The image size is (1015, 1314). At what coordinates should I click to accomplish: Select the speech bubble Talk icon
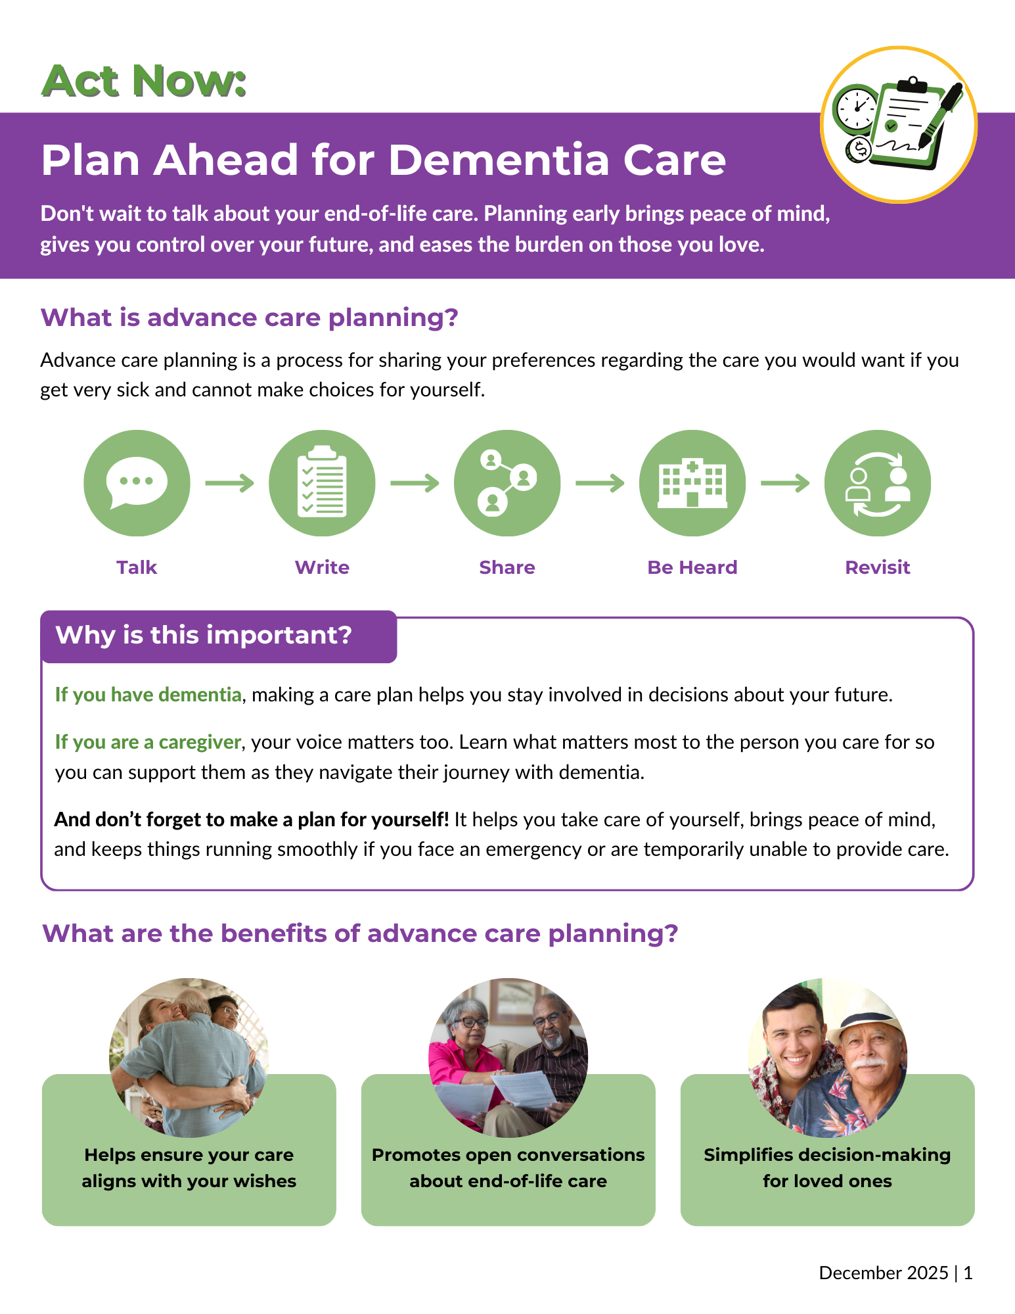[137, 483]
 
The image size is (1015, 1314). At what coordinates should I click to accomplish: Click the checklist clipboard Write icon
[322, 483]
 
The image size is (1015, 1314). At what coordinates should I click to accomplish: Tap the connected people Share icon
[507, 483]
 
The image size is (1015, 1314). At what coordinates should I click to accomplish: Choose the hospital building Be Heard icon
[692, 483]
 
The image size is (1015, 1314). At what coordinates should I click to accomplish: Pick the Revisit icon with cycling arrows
[878, 483]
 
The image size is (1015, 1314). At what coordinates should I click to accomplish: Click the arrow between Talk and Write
[229, 483]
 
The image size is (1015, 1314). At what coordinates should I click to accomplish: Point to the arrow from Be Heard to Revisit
[785, 483]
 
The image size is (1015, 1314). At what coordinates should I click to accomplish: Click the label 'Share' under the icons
[507, 567]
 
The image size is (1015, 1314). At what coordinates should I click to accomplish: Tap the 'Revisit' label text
[878, 567]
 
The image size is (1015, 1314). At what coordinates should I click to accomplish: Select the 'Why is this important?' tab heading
[204, 636]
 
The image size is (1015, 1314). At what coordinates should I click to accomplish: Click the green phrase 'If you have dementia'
[148, 695]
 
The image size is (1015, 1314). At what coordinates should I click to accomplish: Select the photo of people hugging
[189, 1058]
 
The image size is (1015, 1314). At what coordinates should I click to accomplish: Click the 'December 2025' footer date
[884, 1273]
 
